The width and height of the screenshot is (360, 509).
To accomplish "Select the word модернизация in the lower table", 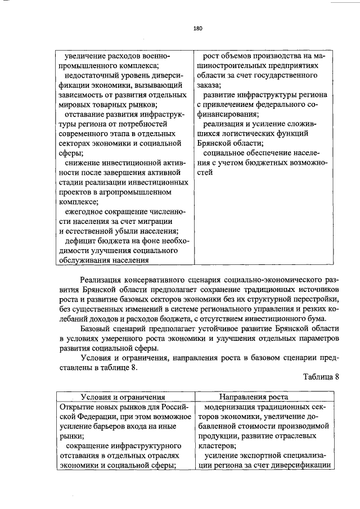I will pos(231,407).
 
